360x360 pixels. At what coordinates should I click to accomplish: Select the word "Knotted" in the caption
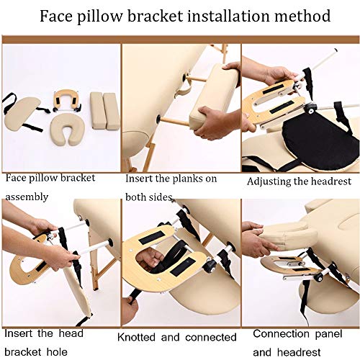136,337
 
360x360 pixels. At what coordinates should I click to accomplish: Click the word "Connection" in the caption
281,334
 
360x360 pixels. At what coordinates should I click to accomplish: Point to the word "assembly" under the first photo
27,197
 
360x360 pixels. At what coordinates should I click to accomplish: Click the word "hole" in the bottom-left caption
57,352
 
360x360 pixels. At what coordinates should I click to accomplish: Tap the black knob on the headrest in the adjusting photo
311,109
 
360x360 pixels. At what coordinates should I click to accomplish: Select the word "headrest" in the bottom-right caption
299,353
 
